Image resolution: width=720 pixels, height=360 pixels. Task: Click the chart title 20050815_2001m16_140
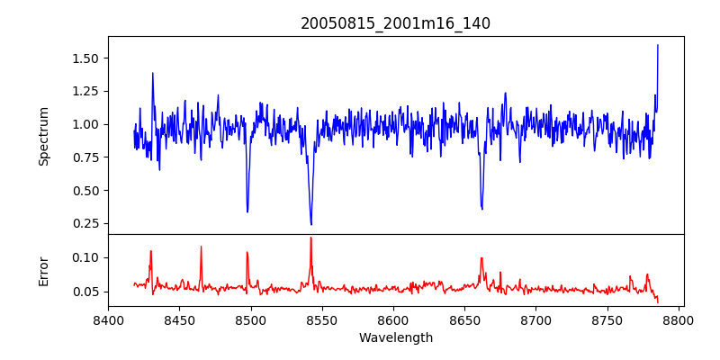pos(395,23)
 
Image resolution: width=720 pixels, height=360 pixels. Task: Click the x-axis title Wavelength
pos(395,338)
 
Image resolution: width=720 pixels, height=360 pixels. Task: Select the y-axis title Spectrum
pos(43,136)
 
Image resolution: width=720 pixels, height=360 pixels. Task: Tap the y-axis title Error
pos(43,271)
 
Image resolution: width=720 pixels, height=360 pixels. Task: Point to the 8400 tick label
pos(108,320)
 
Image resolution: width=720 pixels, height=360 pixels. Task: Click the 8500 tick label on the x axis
pos(250,320)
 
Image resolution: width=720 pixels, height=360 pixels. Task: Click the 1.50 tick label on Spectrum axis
pos(85,58)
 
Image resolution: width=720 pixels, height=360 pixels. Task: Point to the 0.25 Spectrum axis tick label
pos(85,224)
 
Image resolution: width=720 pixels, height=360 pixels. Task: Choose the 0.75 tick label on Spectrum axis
pos(85,157)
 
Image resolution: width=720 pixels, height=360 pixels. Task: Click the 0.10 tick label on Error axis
pos(85,257)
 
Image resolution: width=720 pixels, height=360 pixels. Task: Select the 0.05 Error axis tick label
pos(85,292)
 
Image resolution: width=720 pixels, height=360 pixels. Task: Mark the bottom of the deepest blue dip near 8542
pos(311,224)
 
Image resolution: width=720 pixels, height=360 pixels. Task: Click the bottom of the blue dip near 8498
pos(247,211)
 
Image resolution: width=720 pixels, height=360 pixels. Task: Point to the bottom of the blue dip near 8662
pos(482,209)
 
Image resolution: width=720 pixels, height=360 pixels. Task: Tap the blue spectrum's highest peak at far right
pos(658,45)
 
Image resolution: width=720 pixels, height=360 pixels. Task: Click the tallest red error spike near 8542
pos(310,238)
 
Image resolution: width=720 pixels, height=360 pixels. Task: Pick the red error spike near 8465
pos(201,247)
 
